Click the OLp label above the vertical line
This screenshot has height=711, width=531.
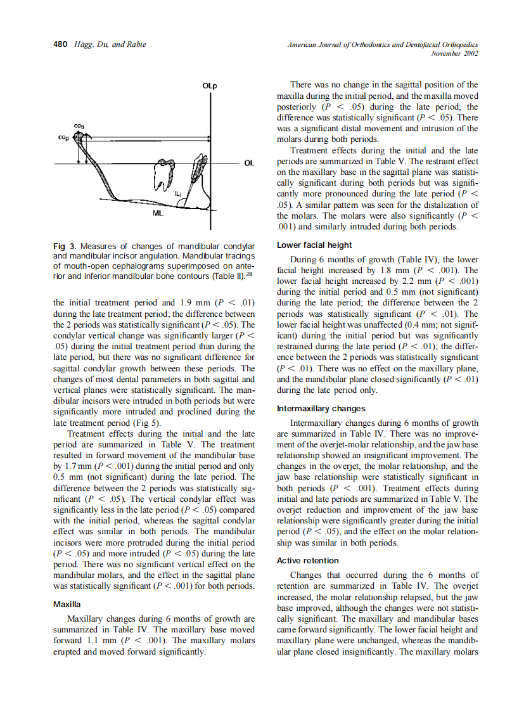[210, 86]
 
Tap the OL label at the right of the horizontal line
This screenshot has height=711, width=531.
[249, 163]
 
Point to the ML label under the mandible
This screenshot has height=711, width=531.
[158, 214]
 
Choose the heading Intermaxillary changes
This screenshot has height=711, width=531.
[321, 409]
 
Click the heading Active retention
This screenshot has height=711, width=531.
[308, 560]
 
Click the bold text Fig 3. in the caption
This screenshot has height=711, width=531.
[66, 246]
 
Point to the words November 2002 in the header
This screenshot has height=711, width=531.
[454, 54]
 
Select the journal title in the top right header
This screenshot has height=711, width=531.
[382, 44]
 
